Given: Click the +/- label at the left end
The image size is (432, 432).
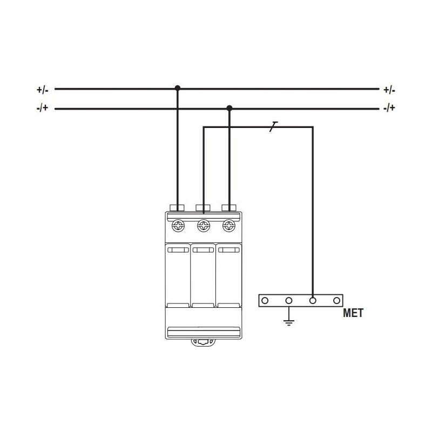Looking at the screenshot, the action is tap(43, 90).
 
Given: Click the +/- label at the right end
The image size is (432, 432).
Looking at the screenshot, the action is tap(389, 90).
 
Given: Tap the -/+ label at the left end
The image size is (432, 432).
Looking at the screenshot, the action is tap(43, 107).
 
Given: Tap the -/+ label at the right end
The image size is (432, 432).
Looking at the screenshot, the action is tap(389, 107).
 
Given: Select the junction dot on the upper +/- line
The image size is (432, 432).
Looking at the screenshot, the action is tap(178, 88).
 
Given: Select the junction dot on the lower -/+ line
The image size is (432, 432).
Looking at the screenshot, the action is tap(229, 108).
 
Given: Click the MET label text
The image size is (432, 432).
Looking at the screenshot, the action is tap(353, 313).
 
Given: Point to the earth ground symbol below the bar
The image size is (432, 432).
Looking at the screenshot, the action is tap(289, 322).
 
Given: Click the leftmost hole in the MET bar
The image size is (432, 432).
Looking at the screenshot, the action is tap(265, 300).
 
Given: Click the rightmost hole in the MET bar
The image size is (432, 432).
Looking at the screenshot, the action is tap(336, 300).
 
